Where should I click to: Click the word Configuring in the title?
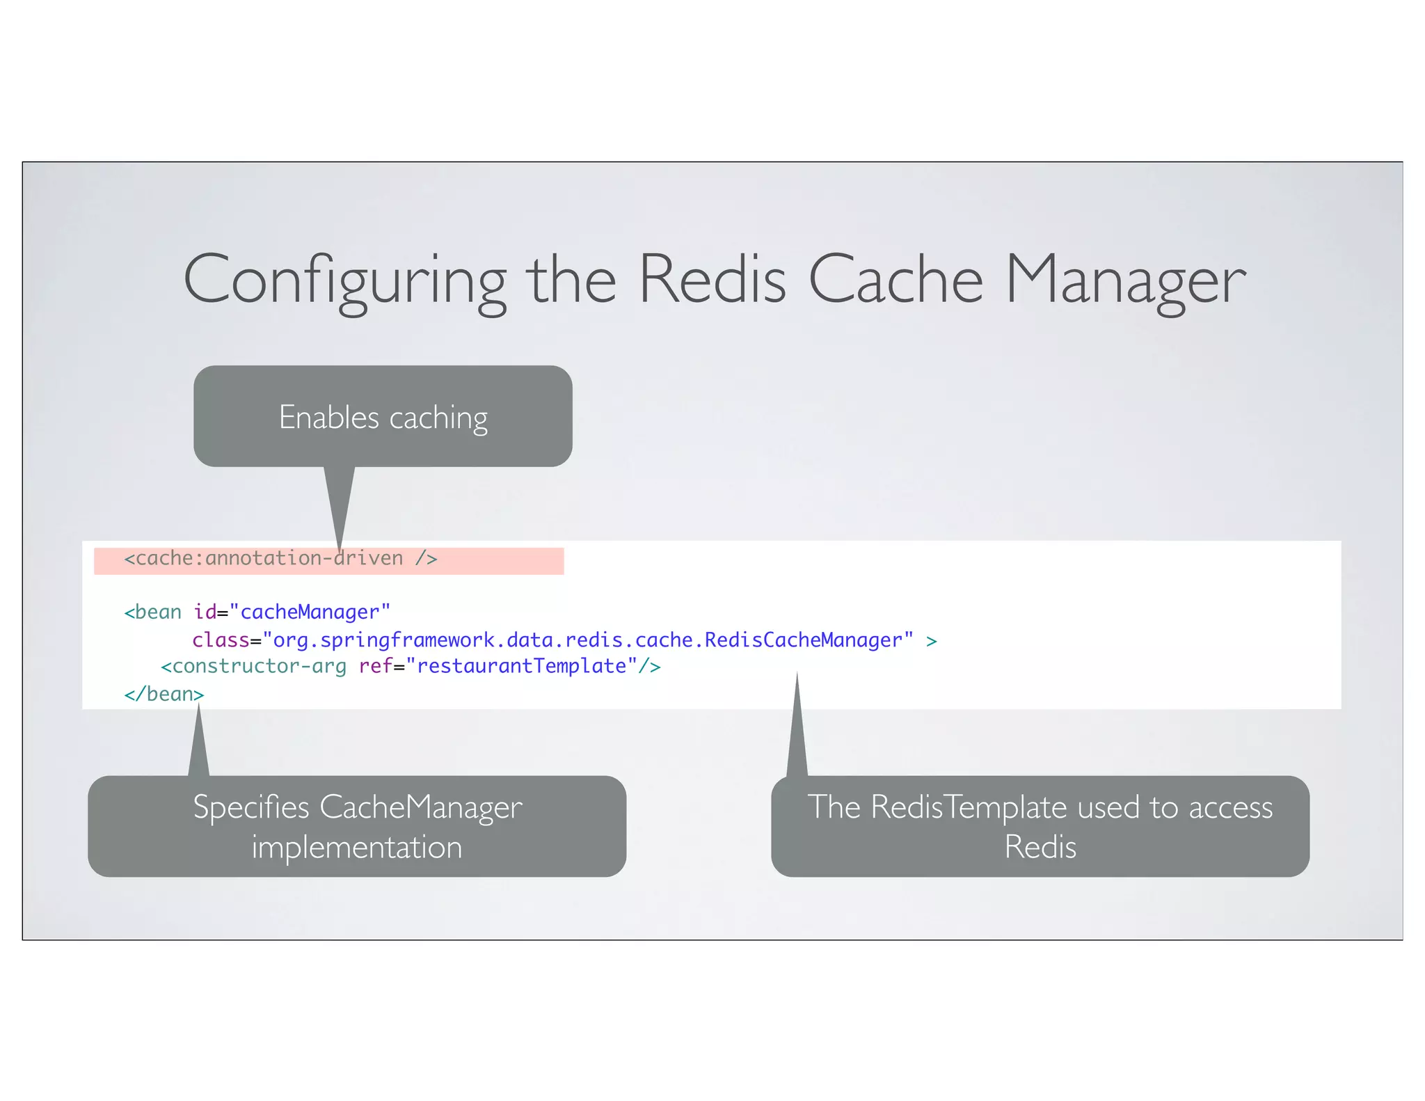[x=344, y=280]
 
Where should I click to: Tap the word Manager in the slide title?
[x=1125, y=280]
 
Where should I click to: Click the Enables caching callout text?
[x=383, y=418]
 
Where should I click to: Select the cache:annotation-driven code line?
[x=280, y=559]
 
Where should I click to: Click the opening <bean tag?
[x=152, y=612]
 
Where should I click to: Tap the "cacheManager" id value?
[x=310, y=612]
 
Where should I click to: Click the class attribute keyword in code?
[x=221, y=640]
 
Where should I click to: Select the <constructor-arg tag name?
[x=253, y=667]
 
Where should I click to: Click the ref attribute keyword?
[x=376, y=667]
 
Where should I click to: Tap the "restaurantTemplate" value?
[x=522, y=667]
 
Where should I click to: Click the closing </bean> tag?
[x=164, y=695]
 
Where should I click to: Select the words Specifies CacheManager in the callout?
[x=357, y=807]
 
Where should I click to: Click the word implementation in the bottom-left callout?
[x=357, y=848]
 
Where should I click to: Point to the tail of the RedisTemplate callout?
[x=797, y=731]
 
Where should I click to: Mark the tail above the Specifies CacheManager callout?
[x=199, y=745]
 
